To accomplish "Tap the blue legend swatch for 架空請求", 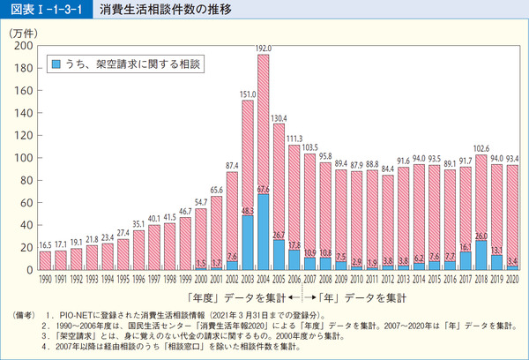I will pyautogui.click(x=55, y=65).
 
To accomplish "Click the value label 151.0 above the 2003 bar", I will pyautogui.click(x=248, y=94).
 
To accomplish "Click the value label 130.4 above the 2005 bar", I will pyautogui.click(x=279, y=117).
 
